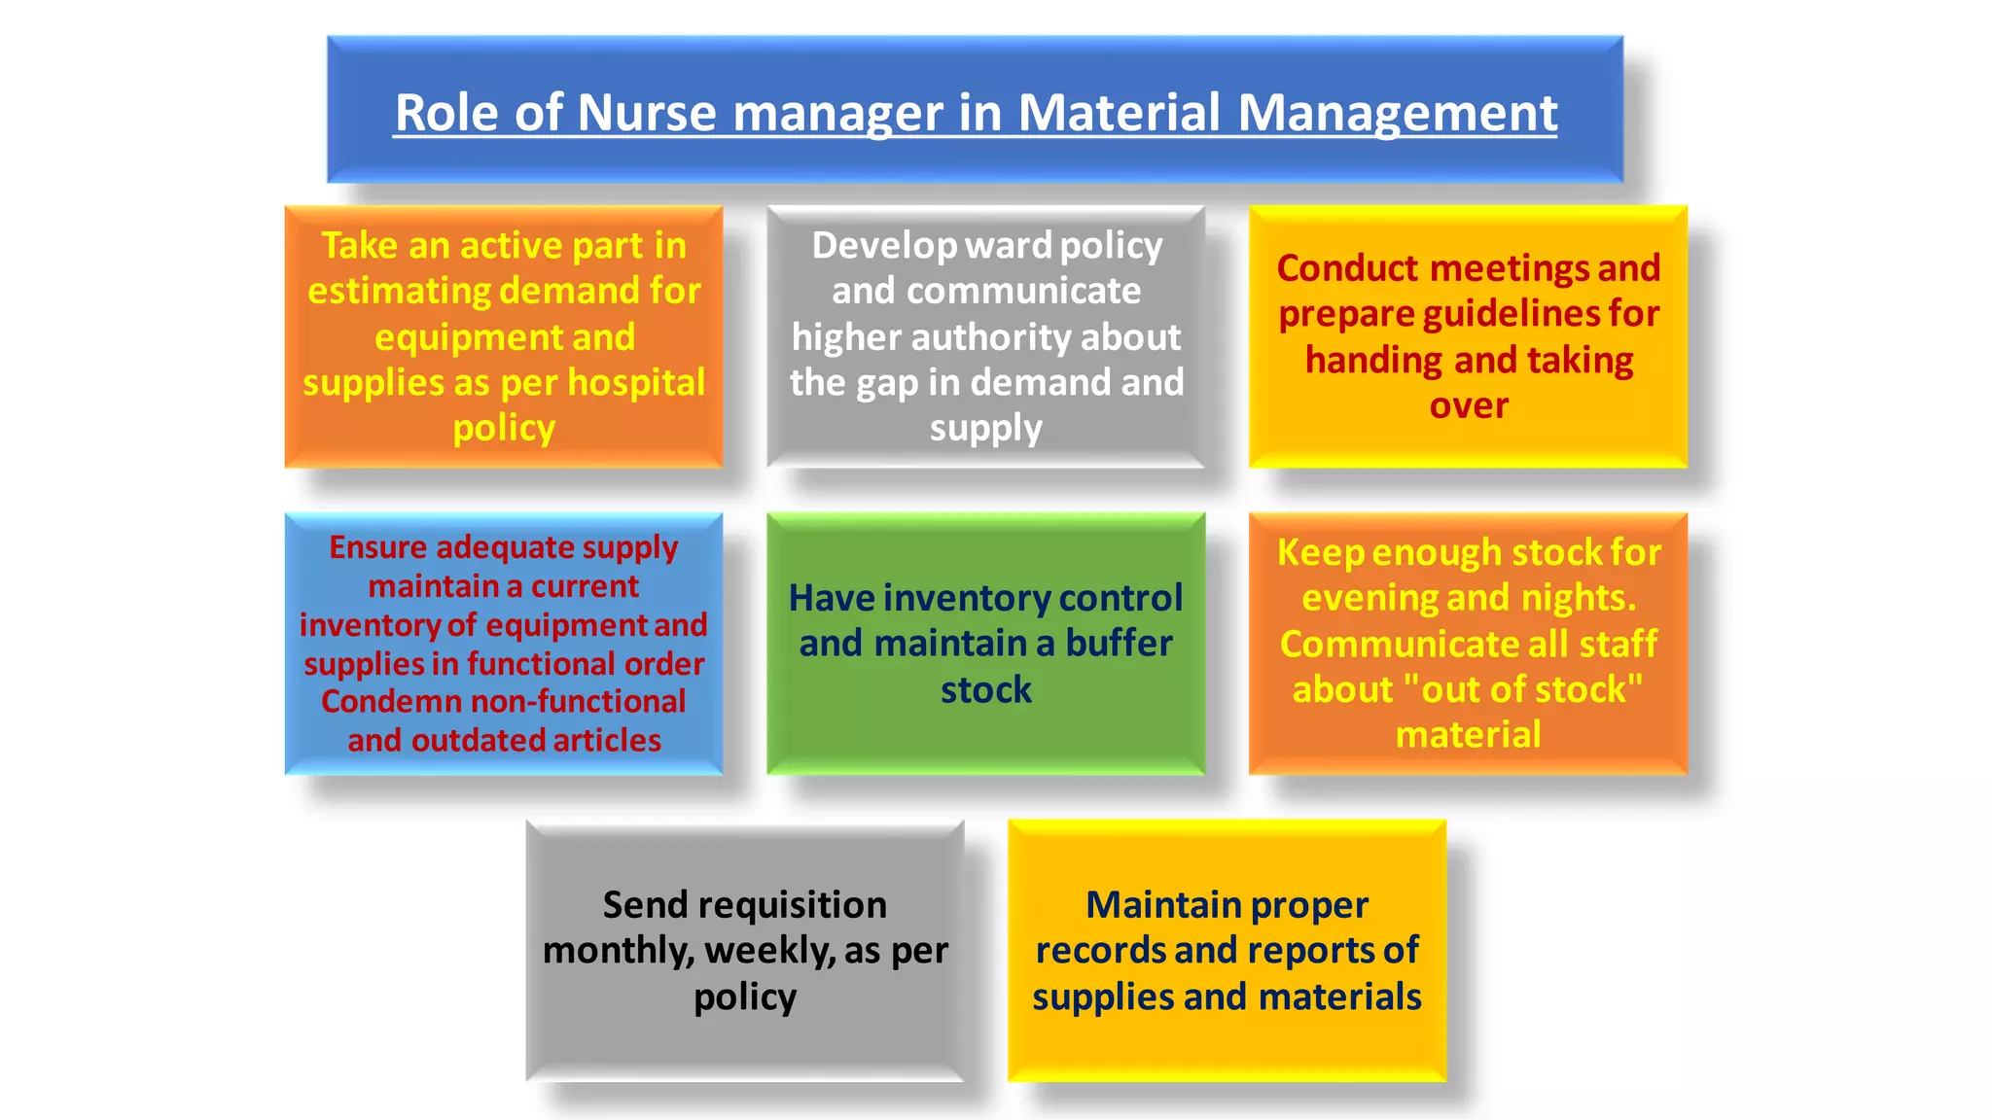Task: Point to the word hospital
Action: click(x=636, y=382)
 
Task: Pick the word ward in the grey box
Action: click(x=1009, y=245)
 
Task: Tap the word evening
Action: click(x=1371, y=598)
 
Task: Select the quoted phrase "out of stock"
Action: click(x=1523, y=689)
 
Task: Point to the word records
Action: click(x=1100, y=951)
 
